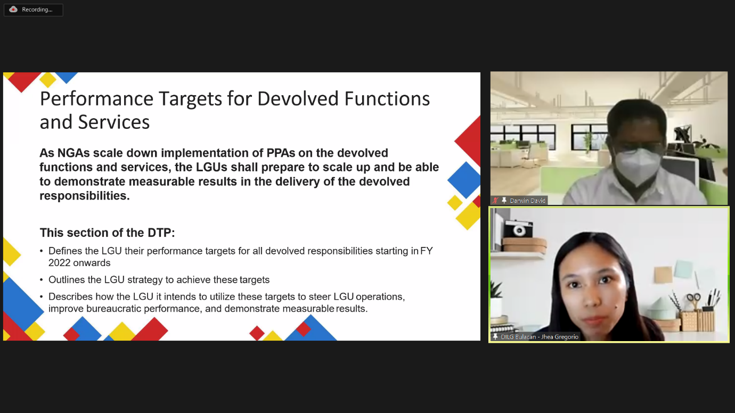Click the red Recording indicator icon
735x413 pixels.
[x=13, y=10]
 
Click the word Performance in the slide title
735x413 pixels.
[x=96, y=99]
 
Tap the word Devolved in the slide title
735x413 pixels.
[x=298, y=98]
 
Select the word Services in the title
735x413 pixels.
[x=113, y=122]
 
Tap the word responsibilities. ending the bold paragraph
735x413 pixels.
[x=85, y=196]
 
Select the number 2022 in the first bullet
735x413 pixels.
[x=60, y=263]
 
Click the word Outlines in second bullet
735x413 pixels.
[x=67, y=279]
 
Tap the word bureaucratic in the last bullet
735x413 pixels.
[x=113, y=309]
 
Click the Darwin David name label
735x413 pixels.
[x=528, y=201]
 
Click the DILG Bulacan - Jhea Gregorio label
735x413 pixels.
[x=540, y=337]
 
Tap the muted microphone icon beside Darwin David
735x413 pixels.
[x=495, y=201]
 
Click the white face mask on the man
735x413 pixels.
[x=637, y=166]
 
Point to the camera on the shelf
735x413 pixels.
[x=518, y=229]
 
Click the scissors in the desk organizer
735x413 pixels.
[x=693, y=300]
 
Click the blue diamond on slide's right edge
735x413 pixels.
[x=464, y=180]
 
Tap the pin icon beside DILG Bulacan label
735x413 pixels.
[x=495, y=337]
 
